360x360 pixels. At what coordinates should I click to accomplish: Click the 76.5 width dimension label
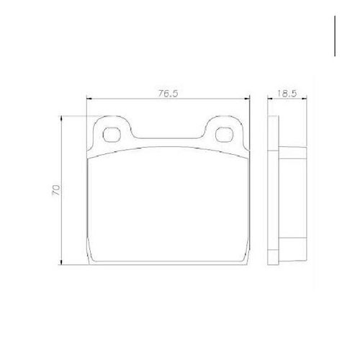[168, 94]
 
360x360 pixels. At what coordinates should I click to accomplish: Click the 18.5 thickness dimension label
[287, 94]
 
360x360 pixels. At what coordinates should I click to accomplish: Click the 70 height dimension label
[56, 190]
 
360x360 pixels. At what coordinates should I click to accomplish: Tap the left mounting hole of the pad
[111, 135]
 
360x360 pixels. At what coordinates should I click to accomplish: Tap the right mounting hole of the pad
[224, 135]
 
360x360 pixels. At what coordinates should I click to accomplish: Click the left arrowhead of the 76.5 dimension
[89, 99]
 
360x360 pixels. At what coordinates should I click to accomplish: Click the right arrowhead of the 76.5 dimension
[247, 99]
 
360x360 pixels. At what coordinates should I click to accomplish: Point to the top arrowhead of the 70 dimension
[62, 119]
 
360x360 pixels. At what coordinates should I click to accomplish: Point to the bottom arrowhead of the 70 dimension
[62, 262]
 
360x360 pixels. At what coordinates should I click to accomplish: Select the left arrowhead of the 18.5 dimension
[271, 98]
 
